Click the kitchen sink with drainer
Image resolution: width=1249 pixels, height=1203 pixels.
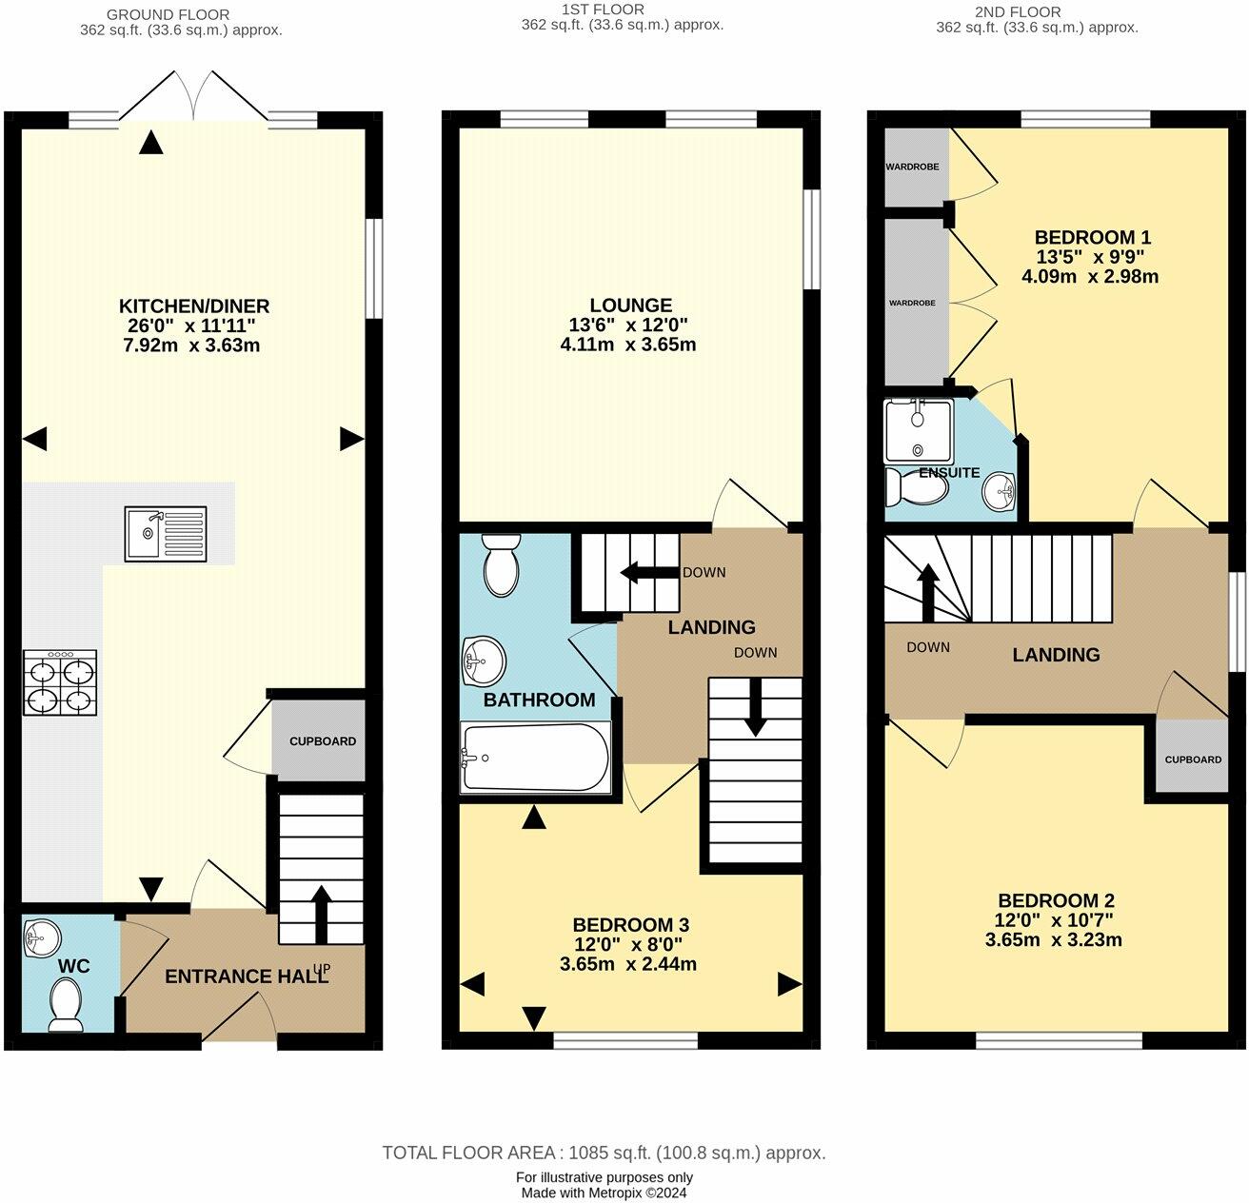166,534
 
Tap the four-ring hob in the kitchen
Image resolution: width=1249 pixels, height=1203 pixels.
60,682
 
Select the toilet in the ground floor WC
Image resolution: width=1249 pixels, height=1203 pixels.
66,1004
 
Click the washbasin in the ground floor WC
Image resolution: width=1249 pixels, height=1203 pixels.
42,937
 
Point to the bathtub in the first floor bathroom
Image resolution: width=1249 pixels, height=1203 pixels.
535,757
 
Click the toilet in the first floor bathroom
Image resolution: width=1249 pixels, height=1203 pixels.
500,565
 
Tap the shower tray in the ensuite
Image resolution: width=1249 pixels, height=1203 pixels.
918,431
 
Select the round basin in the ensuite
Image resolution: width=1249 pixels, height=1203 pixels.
998,491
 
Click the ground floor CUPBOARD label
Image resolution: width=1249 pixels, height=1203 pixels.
322,741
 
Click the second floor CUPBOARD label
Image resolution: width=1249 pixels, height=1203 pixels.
1193,759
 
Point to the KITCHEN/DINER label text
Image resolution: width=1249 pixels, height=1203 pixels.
194,306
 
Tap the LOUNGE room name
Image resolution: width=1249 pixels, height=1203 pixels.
631,306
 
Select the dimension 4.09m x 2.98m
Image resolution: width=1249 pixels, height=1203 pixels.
1090,277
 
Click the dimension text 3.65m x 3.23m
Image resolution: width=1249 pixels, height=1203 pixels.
1053,940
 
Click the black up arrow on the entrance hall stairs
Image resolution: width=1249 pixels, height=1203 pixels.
320,915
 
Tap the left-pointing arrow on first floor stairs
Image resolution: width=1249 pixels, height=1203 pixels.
649,572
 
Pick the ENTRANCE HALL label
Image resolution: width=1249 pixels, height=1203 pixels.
247,976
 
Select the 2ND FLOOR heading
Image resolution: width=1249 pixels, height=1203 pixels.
1018,12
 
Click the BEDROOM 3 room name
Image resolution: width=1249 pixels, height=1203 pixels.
631,924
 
